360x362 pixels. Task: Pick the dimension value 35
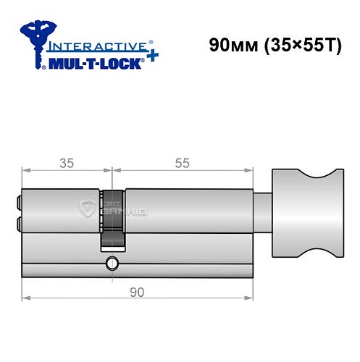67,163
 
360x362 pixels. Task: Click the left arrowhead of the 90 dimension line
25,297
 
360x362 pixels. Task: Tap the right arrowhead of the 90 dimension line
254,297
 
